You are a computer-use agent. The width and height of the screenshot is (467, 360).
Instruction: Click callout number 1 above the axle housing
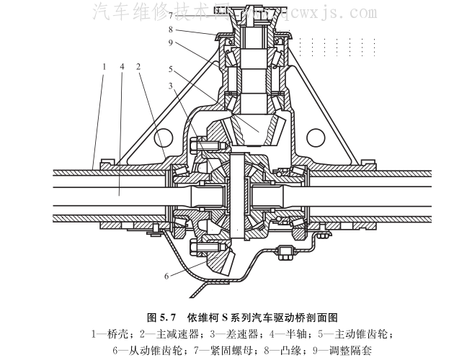(105, 66)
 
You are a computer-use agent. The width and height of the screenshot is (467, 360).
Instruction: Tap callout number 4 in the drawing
(123, 66)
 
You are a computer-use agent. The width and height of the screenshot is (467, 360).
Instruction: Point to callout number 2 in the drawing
(136, 66)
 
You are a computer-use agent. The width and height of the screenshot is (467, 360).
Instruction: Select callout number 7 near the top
(171, 14)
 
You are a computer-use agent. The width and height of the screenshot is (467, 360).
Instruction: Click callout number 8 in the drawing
(171, 30)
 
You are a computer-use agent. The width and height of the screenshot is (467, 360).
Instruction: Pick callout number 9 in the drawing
(171, 42)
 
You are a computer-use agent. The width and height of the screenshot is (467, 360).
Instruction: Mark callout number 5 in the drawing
(171, 70)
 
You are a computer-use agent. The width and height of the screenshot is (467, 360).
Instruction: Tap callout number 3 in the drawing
(171, 86)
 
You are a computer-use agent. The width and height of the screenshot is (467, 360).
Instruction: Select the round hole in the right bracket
(316, 137)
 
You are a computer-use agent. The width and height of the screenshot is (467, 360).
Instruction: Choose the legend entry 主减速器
(171, 334)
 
